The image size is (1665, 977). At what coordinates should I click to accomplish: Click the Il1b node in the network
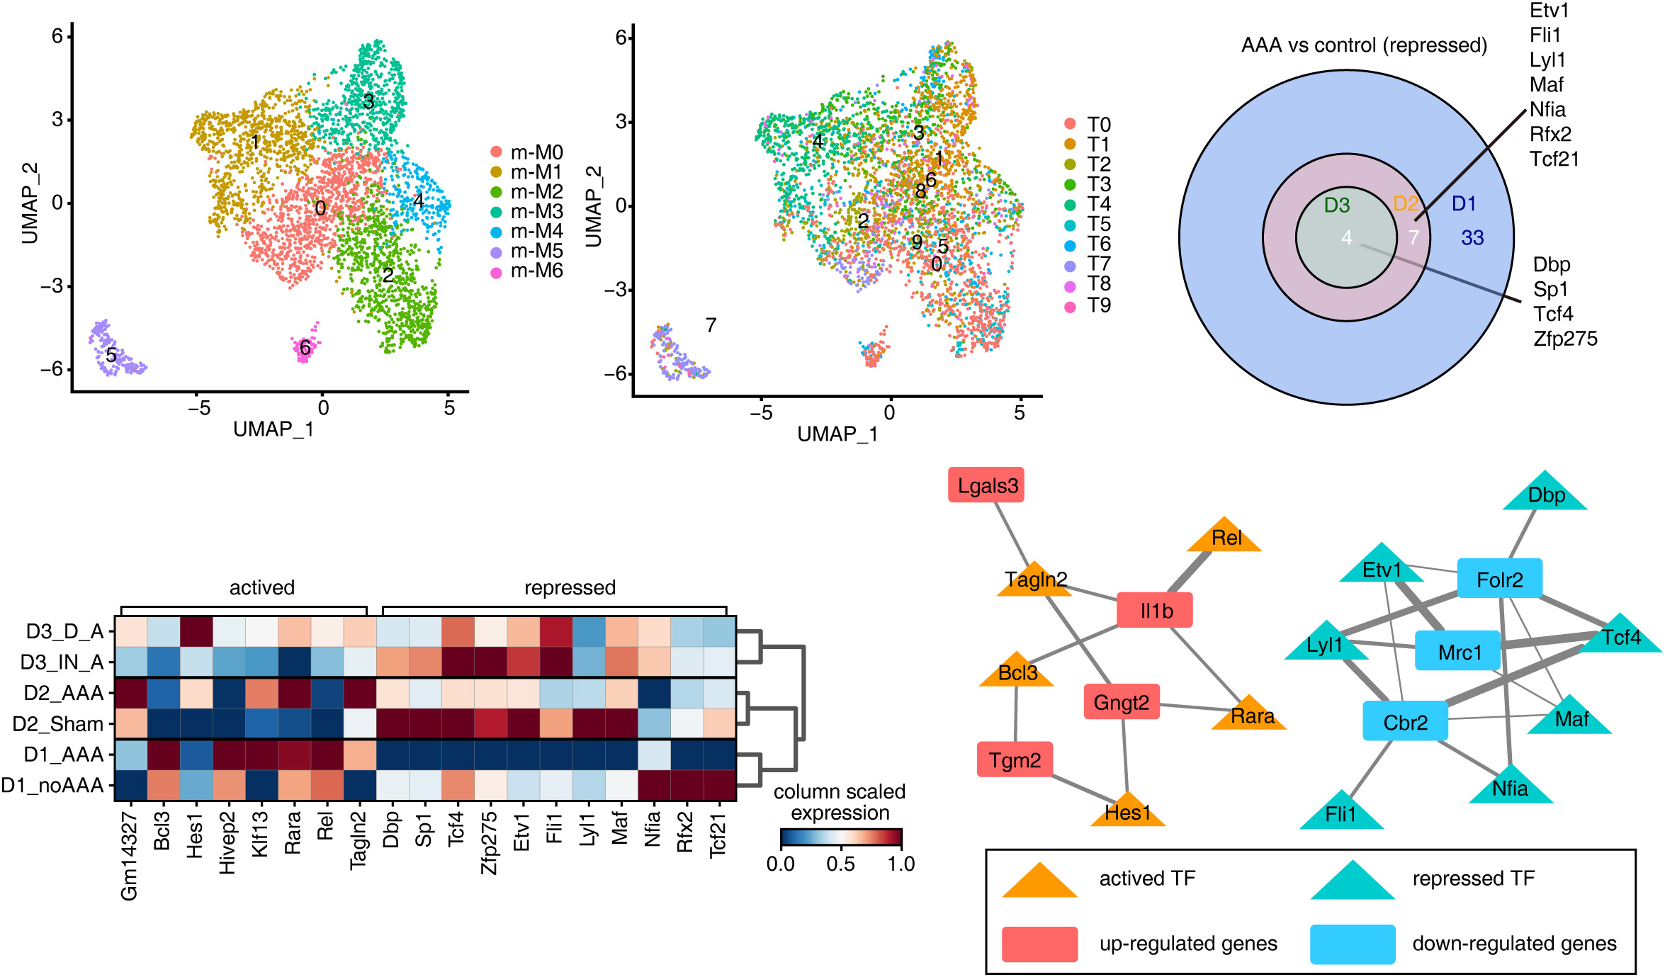pos(1155,611)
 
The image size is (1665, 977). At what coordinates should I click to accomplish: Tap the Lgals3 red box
pos(987,486)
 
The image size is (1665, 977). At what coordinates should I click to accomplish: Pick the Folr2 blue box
pos(1499,580)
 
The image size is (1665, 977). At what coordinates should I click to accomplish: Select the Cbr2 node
pos(1406,722)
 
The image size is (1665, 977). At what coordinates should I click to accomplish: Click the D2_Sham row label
pos(58,724)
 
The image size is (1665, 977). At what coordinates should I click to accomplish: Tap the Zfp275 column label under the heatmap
pos(489,843)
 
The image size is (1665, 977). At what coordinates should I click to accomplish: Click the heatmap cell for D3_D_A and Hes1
pos(196,631)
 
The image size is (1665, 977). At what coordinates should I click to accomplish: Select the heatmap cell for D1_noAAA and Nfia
pos(654,785)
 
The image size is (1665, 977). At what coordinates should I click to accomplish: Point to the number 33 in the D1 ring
pos(1472,238)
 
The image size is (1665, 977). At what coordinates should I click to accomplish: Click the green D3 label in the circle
pos(1337,205)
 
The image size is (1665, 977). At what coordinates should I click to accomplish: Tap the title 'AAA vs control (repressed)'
pos(1364,45)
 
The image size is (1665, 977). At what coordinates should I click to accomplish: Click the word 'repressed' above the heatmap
pos(570,587)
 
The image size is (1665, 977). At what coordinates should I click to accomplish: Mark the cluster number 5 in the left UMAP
pos(111,354)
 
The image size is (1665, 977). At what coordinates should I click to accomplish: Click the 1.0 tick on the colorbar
pos(901,864)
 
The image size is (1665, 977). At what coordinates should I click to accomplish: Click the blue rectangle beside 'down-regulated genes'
pos(1352,944)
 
